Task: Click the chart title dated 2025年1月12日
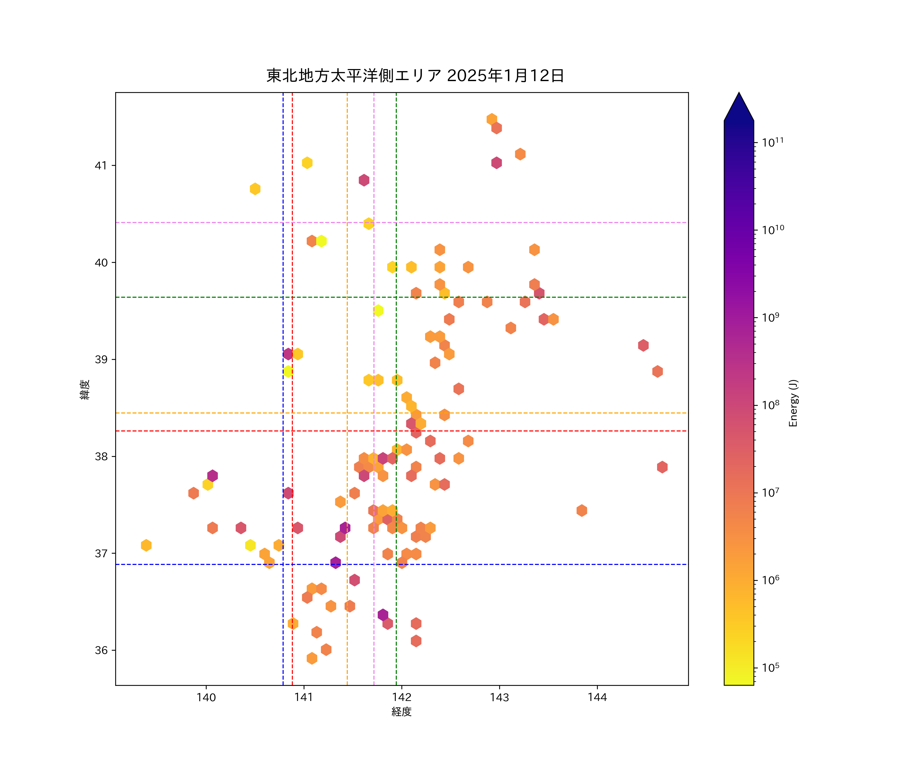click(x=415, y=76)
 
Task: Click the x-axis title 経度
click(x=401, y=711)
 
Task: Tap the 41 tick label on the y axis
click(x=101, y=166)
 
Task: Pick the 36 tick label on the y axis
click(x=101, y=650)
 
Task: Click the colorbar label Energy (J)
click(x=793, y=403)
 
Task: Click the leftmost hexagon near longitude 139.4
click(x=146, y=545)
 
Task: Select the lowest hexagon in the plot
click(x=312, y=658)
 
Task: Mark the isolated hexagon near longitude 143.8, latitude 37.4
click(x=582, y=511)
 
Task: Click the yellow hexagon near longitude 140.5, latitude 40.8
click(x=255, y=189)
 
